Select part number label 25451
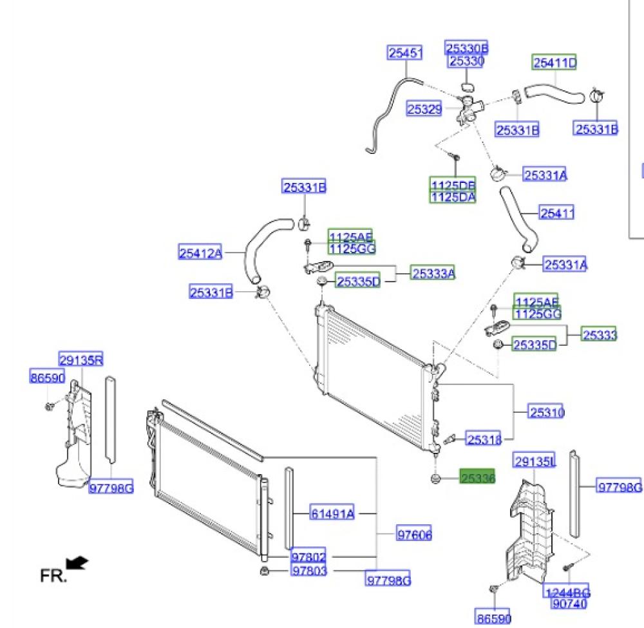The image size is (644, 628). point(404,53)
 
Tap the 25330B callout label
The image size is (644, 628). point(467,48)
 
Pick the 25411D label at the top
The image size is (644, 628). point(554,62)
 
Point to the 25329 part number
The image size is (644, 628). point(424,109)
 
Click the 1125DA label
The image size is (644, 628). point(453,197)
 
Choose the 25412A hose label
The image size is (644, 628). point(200,253)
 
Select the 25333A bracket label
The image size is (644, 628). point(433,274)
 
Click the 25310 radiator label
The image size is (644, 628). point(546,412)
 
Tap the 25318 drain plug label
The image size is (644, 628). point(484,439)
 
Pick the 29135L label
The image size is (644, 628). point(535,461)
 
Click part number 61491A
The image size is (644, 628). point(332,513)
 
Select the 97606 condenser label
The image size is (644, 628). point(414,535)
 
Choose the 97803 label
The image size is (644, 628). point(308,571)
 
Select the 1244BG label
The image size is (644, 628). point(567,593)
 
